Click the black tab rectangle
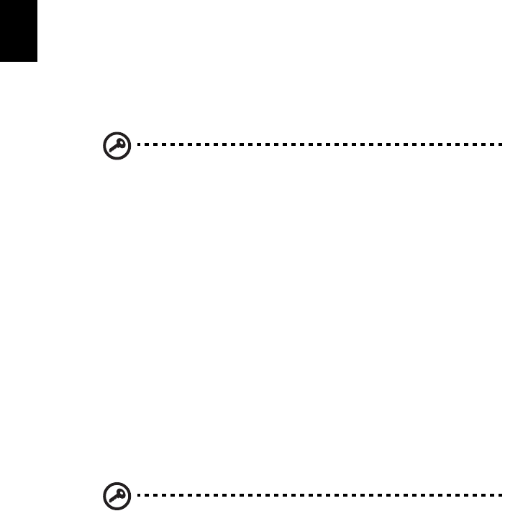(18, 29)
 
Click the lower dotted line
(317, 496)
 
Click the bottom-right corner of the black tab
(36, 60)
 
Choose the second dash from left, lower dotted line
(147, 496)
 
